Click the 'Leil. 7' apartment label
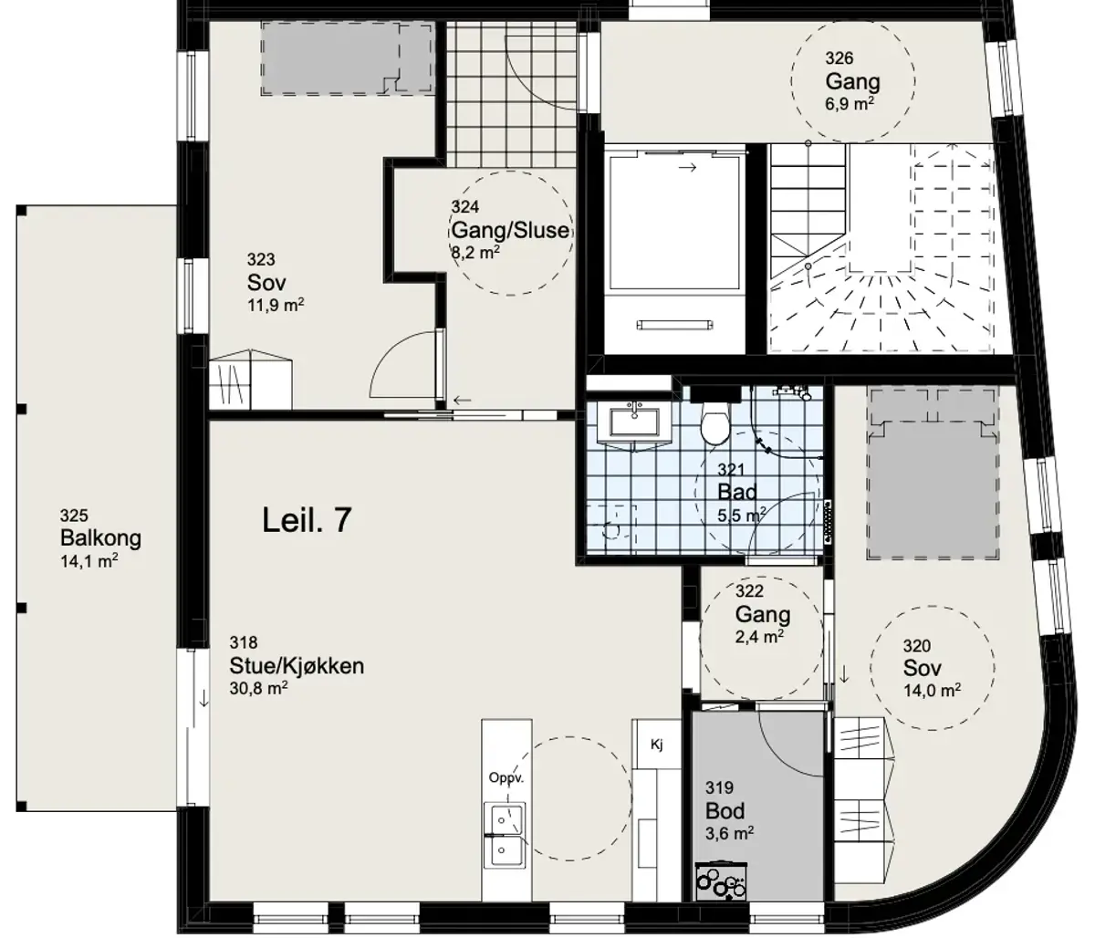pos(307,520)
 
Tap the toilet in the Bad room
pos(714,425)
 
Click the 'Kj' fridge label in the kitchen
pos(657,745)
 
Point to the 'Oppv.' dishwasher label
pos(506,778)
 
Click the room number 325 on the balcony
pos(74,516)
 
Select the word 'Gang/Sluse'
pos(511,231)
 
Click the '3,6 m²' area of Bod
pos(729,834)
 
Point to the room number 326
pos(839,57)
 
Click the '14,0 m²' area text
pos(933,691)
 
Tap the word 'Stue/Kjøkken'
pos(297,666)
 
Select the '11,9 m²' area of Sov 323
pos(276,305)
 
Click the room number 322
pos(749,591)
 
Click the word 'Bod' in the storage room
pos(725,811)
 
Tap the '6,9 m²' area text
pos(850,103)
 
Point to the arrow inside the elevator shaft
pos(688,168)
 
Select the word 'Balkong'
pos(100,538)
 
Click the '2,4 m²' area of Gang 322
pos(759,637)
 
